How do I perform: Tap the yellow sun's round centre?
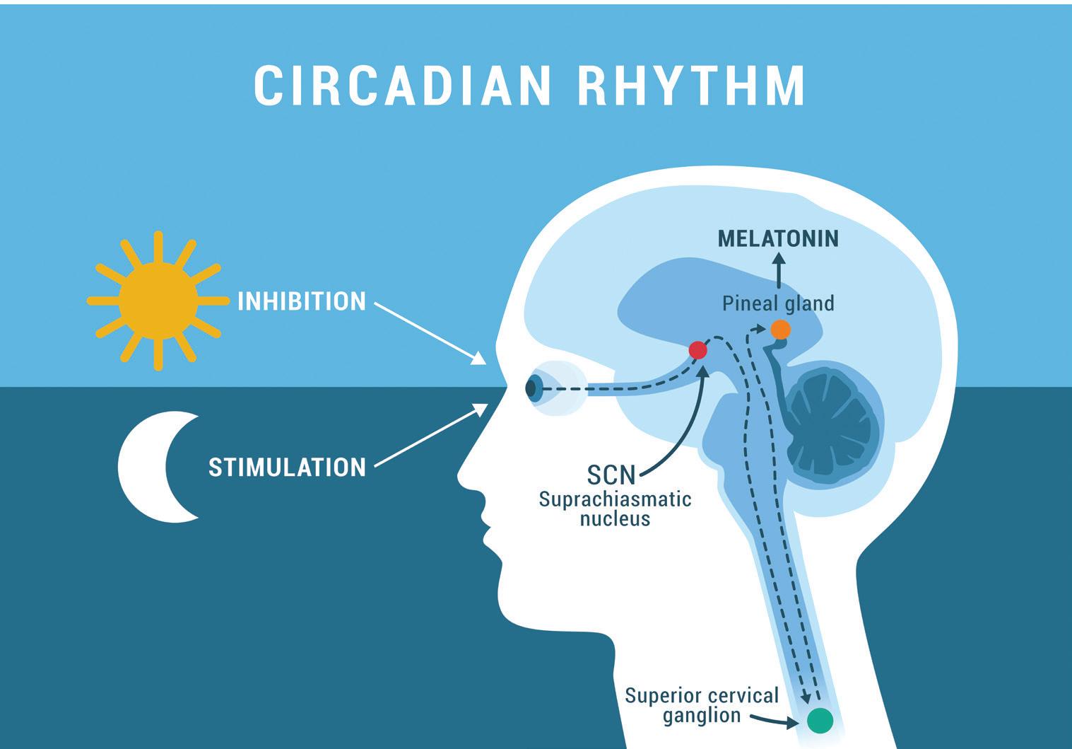[x=158, y=301]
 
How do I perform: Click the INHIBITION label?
[x=302, y=302]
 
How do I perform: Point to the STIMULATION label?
[x=287, y=468]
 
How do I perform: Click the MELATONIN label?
[x=778, y=239]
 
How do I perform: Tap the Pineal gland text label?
[x=778, y=304]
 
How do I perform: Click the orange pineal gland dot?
[x=780, y=330]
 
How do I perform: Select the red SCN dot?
[x=697, y=350]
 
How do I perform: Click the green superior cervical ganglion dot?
[x=820, y=721]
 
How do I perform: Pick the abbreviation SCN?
[x=611, y=475]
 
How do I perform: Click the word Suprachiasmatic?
[x=615, y=499]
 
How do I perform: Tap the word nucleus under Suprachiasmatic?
[x=615, y=519]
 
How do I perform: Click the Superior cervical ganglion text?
[x=701, y=704]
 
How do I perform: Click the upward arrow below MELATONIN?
[x=779, y=272]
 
